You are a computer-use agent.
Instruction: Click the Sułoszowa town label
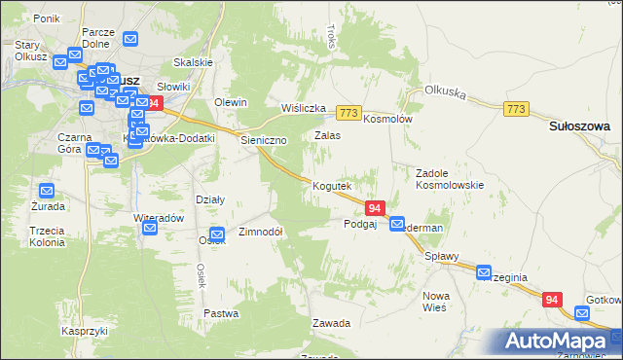tap(579, 126)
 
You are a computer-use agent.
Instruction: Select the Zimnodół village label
tap(260, 233)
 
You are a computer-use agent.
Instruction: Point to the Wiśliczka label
tap(301, 108)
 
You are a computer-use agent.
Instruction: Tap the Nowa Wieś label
tap(434, 301)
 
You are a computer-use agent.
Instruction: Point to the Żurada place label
tap(47, 206)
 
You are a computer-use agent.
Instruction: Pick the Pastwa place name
tap(222, 313)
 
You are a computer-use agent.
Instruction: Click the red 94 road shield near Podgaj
tap(377, 207)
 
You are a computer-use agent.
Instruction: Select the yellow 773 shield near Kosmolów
tap(350, 114)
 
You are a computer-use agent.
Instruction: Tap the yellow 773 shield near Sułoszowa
tap(517, 109)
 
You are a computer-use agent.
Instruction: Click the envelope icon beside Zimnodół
tap(219, 234)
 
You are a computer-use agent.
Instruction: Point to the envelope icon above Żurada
tap(47, 190)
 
